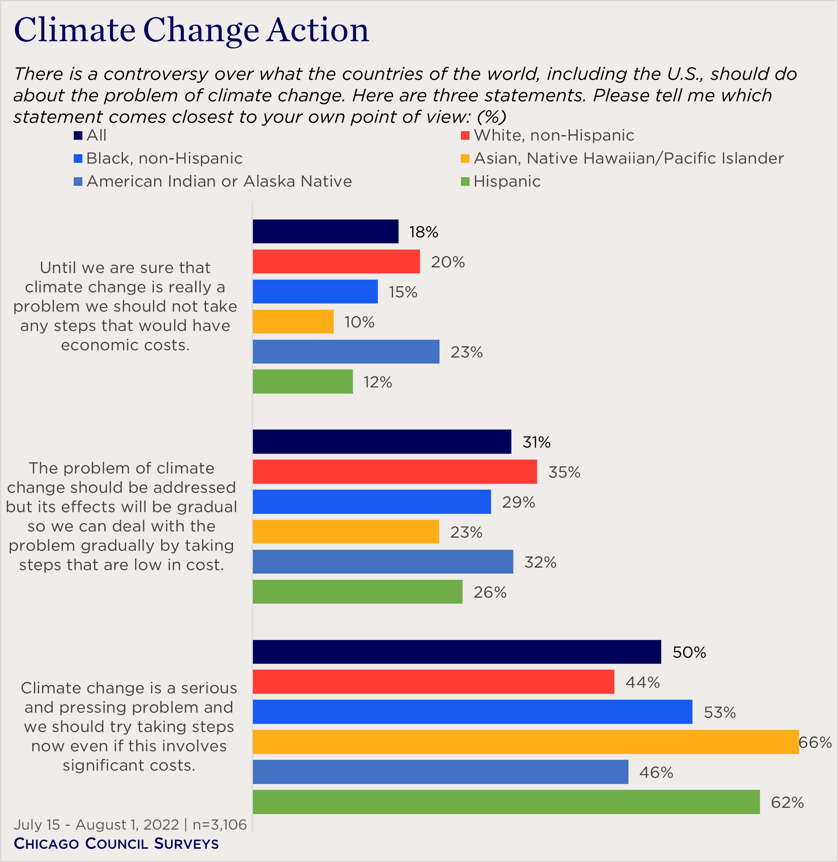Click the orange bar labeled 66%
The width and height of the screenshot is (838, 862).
pyautogui.click(x=525, y=742)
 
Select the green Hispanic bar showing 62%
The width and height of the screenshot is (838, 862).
pyautogui.click(x=506, y=802)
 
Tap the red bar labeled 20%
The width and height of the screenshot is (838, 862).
pyautogui.click(x=336, y=262)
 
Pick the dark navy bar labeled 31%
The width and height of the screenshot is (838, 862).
pyautogui.click(x=382, y=442)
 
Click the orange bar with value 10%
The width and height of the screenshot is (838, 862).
pyautogui.click(x=293, y=321)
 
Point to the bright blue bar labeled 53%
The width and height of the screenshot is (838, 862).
pyautogui.click(x=472, y=712)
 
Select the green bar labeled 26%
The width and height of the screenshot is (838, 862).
pyautogui.click(x=358, y=592)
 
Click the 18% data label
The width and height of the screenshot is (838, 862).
pyautogui.click(x=423, y=232)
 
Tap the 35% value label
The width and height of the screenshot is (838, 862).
pyautogui.click(x=564, y=472)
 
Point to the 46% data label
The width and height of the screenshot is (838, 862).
pyautogui.click(x=656, y=772)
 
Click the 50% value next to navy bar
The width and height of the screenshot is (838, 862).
pyautogui.click(x=689, y=652)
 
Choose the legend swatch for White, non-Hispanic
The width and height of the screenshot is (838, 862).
pyautogui.click(x=465, y=135)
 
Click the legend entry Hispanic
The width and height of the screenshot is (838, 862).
pyautogui.click(x=507, y=182)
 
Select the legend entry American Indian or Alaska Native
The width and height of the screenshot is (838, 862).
pyautogui.click(x=219, y=182)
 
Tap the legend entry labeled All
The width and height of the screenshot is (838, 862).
pyautogui.click(x=96, y=135)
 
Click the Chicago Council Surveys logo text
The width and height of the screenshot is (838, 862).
pyautogui.click(x=116, y=844)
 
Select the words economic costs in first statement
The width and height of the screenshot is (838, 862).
pyautogui.click(x=125, y=345)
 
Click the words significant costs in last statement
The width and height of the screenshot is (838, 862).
pyautogui.click(x=128, y=765)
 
